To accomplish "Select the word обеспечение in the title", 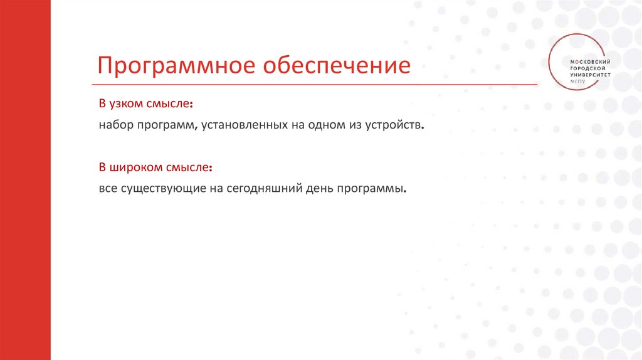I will pyautogui.click(x=336, y=66).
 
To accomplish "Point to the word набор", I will pyautogui.click(x=115, y=125).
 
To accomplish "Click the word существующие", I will pyautogui.click(x=157, y=189).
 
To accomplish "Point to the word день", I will pyautogui.click(x=320, y=189).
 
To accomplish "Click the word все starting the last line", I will pyautogui.click(x=106, y=189).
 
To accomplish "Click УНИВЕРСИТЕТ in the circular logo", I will pyautogui.click(x=590, y=75).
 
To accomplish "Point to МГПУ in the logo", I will pyautogui.click(x=577, y=81).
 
